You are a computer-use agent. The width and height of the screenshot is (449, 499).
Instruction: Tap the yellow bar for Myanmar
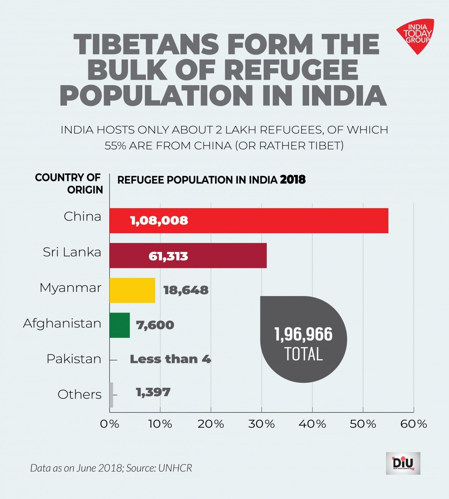[132, 290]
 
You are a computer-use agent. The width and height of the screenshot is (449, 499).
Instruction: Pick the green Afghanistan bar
[120, 325]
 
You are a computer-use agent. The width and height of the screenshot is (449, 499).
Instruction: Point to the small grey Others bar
[112, 395]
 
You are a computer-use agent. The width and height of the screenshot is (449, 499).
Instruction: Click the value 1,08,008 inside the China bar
[159, 221]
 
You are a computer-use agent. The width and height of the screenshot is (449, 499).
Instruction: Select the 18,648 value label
[186, 290]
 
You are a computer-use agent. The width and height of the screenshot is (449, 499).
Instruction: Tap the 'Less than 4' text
[170, 359]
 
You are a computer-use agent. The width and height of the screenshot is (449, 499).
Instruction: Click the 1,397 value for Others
[153, 392]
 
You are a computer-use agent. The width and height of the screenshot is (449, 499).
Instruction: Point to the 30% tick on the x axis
[262, 424]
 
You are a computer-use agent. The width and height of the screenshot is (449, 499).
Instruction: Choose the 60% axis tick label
[413, 424]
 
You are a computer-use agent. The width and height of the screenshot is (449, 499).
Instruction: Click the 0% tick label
[110, 424]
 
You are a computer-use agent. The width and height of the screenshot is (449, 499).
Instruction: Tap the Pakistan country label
[74, 359]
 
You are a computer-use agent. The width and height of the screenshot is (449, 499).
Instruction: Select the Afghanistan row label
[62, 323]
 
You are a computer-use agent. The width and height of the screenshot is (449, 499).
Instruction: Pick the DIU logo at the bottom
[403, 463]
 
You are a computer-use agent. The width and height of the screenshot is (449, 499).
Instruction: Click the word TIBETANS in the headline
[146, 44]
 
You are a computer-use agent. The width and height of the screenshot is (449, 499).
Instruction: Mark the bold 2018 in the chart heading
[293, 180]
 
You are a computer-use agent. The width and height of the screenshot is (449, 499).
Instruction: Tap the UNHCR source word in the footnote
[175, 468]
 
